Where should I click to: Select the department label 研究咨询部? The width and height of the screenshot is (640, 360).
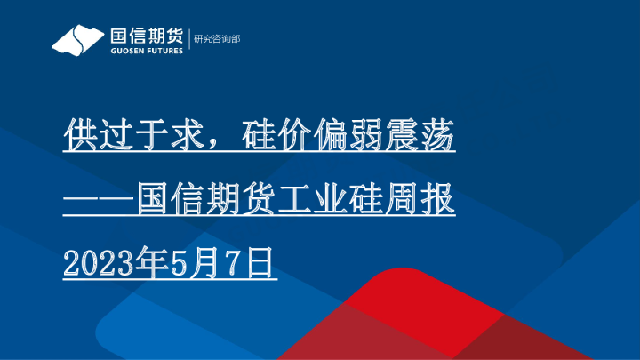tap(217, 39)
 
